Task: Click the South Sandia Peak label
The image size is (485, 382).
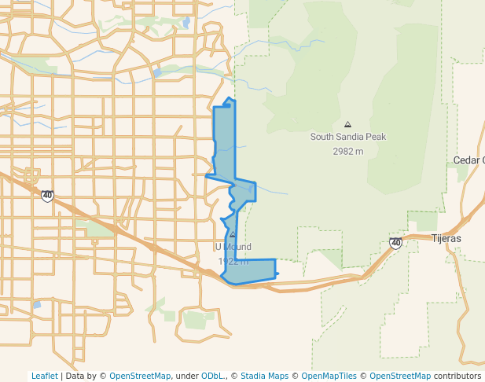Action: [x=347, y=137]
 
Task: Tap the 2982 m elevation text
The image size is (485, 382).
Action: [x=347, y=152]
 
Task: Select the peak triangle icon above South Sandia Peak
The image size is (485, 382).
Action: [x=347, y=124]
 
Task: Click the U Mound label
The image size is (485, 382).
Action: [x=233, y=247]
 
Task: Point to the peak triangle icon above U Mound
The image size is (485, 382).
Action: [x=233, y=234]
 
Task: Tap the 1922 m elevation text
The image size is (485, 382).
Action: [x=233, y=262]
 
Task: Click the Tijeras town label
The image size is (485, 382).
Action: [x=446, y=238]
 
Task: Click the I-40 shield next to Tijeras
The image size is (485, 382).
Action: [x=395, y=243]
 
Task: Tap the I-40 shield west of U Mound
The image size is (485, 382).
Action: [x=48, y=195]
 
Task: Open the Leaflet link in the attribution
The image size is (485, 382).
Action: [x=45, y=376]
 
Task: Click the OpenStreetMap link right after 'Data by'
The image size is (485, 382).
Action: [x=140, y=376]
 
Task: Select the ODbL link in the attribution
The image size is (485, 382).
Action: [x=212, y=376]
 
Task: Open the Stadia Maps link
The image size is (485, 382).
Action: [x=263, y=376]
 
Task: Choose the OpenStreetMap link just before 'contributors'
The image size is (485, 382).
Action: [x=400, y=376]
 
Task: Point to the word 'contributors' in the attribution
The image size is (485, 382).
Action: [x=457, y=376]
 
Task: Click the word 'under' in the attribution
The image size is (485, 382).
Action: [x=186, y=376]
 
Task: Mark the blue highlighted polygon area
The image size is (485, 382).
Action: [x=225, y=141]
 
